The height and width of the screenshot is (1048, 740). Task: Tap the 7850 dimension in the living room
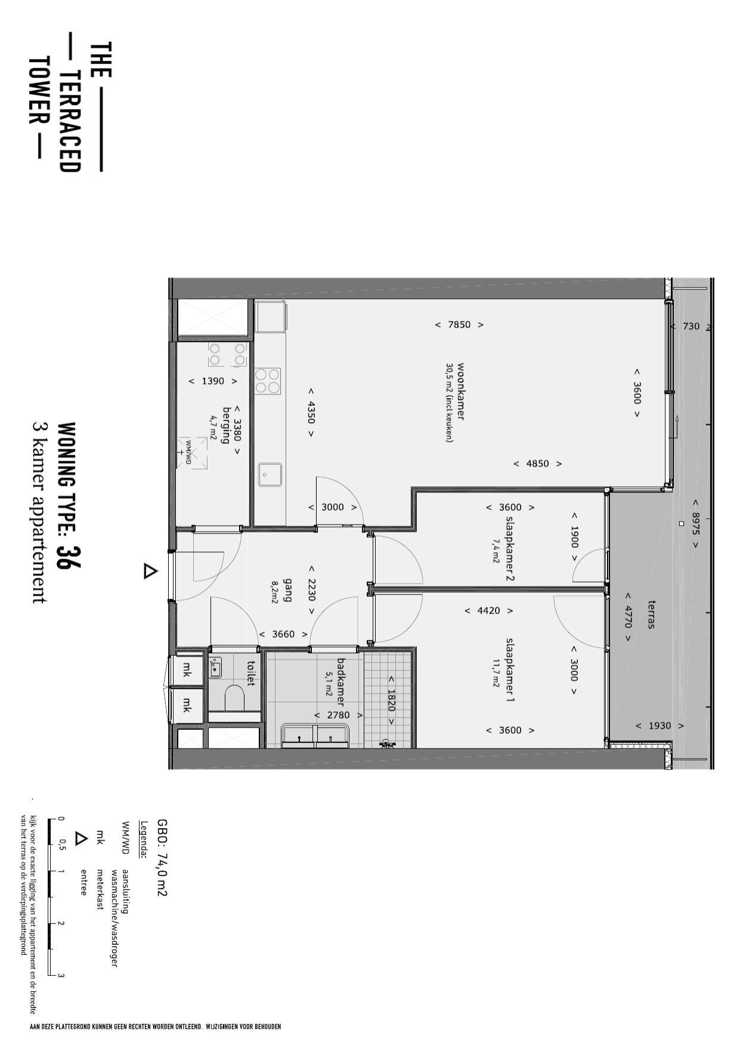(459, 325)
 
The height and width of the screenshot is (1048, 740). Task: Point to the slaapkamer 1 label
(510, 670)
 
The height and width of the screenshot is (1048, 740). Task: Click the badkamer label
(341, 682)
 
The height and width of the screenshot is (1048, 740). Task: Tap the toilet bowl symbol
(235, 697)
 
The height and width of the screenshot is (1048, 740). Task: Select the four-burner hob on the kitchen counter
(268, 381)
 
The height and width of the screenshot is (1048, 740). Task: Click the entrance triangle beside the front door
(150, 572)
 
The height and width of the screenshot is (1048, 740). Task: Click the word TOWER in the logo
(38, 91)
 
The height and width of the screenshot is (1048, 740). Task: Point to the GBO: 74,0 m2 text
(162, 857)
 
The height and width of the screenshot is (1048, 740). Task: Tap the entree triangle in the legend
(80, 838)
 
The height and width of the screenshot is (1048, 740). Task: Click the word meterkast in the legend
(100, 889)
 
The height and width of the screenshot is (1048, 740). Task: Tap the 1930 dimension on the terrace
(660, 726)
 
